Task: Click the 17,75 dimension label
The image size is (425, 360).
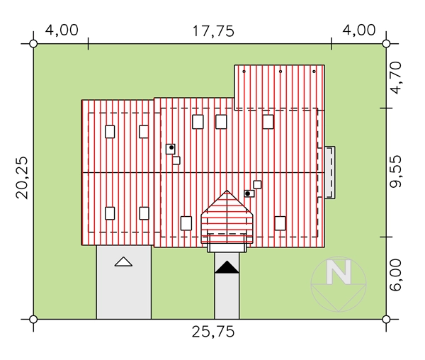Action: pos(213,31)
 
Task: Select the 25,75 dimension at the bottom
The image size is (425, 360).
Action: pos(213,332)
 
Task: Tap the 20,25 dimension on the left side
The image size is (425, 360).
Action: pos(22,178)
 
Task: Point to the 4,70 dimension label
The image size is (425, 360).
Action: pos(395,78)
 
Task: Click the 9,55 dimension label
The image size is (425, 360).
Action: pos(395,171)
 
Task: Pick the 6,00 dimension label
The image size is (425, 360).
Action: pos(395,275)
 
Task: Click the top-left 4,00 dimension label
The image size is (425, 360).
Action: pos(62,30)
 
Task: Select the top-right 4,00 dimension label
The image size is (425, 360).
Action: pos(359,30)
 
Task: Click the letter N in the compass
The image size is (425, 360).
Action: pos(339,272)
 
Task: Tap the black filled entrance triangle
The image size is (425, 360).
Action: pos(227,267)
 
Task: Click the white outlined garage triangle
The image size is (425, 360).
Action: pos(123,262)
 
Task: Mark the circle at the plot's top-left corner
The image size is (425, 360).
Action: pos(33,44)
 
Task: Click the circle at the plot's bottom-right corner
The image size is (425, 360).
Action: pos(386,320)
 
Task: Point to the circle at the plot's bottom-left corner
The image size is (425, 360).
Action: pos(33,320)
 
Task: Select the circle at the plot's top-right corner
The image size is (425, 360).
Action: pos(386,44)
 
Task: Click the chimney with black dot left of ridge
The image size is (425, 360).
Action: pos(171,149)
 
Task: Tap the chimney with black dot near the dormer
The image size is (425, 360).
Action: pos(249,193)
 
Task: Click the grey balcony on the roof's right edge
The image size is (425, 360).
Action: pos(330,172)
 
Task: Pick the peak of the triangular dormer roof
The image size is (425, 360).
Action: pos(227,191)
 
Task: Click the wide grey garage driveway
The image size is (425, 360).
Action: pos(124,282)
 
